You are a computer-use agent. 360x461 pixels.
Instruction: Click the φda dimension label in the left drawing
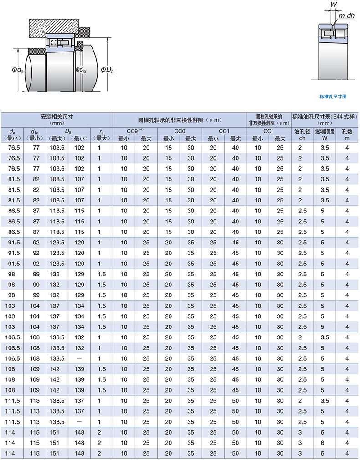[18, 70]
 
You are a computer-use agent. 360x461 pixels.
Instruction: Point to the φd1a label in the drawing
[81, 70]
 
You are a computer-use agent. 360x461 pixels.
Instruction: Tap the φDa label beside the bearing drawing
[107, 70]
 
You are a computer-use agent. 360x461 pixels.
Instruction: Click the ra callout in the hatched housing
[42, 30]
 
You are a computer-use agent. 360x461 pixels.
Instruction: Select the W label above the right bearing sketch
[334, 5]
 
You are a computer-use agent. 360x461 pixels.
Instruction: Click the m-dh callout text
[346, 16]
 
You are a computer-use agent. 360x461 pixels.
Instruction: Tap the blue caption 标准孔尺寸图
[333, 97]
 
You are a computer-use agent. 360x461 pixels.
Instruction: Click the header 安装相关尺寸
[57, 116]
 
